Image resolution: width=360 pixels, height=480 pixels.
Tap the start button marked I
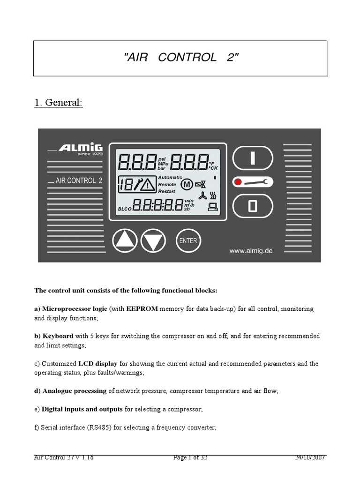coord(253,158)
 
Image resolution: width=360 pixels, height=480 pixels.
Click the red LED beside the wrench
coord(238,182)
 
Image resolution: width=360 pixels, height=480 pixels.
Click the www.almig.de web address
coord(250,251)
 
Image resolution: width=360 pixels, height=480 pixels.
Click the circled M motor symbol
coord(187,185)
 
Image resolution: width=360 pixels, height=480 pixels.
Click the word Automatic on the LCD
coord(171,177)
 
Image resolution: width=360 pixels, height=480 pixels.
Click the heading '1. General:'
coord(58,103)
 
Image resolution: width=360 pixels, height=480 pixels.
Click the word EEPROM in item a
coord(142,309)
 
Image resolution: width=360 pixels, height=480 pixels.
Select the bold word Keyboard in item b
coord(58,336)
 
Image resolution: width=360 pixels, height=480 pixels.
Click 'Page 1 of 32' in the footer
coord(190,458)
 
